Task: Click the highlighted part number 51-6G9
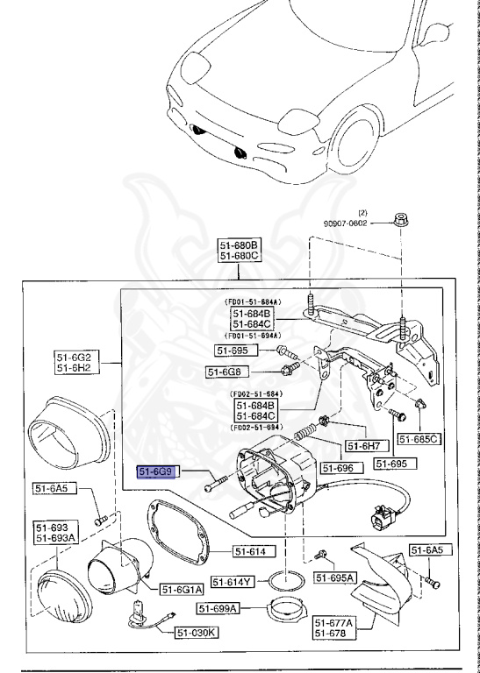click(159, 471)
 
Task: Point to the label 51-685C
click(419, 438)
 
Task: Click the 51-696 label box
click(337, 469)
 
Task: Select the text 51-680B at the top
click(239, 244)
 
